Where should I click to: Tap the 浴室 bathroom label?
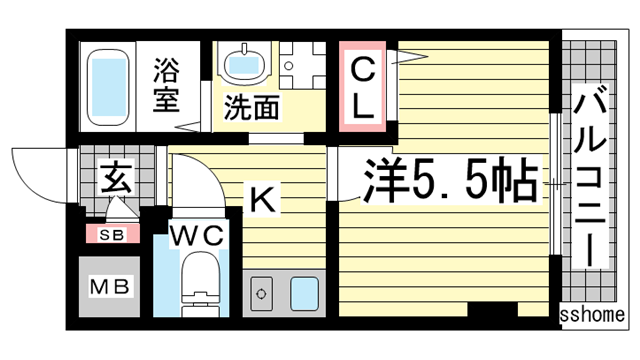click(x=167, y=85)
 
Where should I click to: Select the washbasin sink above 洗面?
click(x=243, y=64)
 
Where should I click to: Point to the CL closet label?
click(x=362, y=87)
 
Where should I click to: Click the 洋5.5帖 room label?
click(x=441, y=183)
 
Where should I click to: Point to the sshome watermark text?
click(x=596, y=315)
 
